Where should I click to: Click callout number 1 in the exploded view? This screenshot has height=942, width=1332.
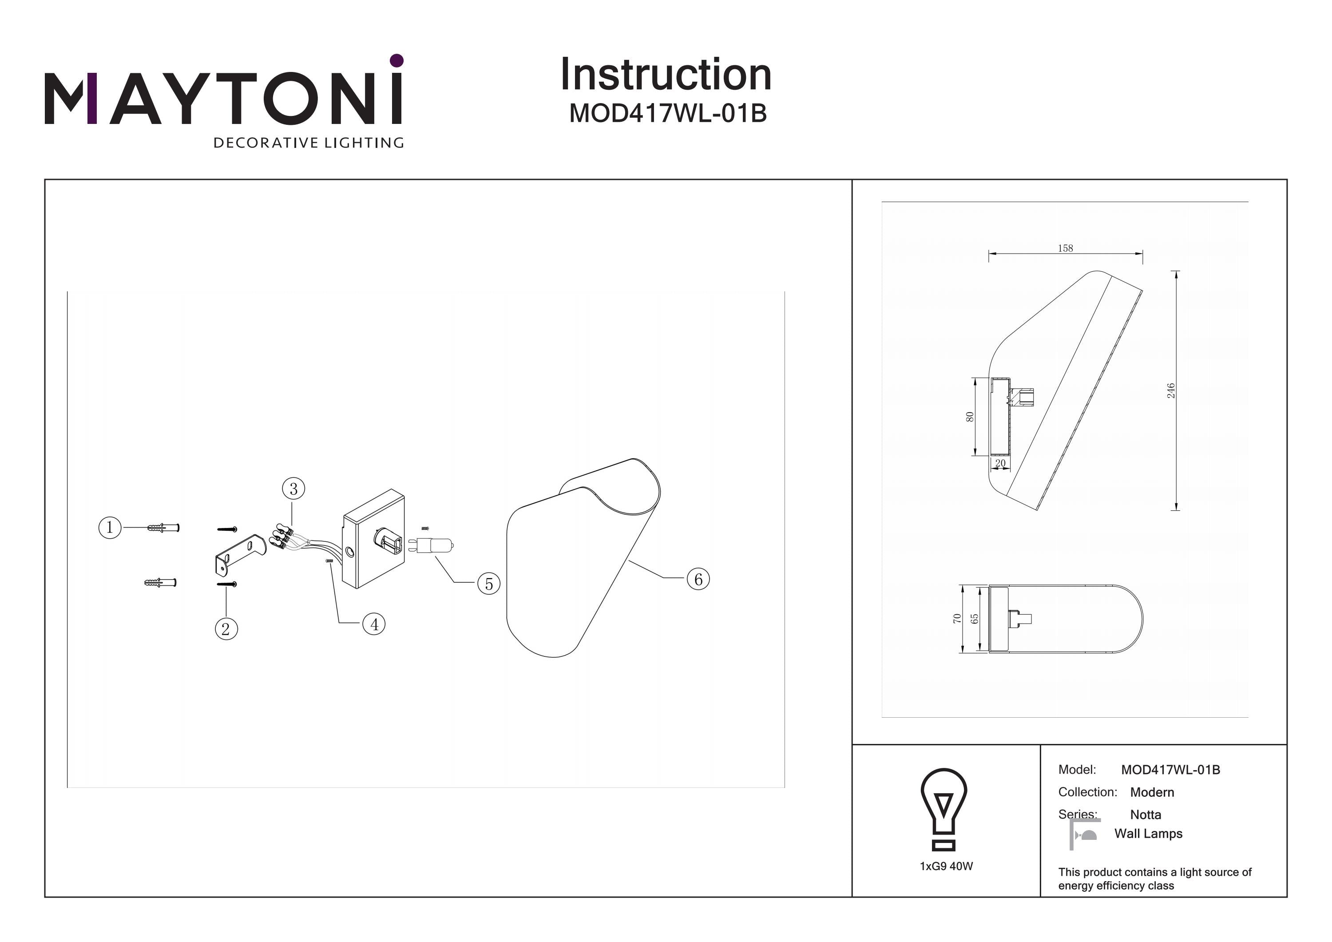[110, 528]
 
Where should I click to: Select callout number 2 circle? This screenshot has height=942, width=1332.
[226, 628]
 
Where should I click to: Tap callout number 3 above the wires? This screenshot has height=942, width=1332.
[293, 489]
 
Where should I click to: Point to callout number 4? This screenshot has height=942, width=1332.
[374, 624]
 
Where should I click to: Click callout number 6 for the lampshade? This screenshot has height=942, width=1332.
[698, 579]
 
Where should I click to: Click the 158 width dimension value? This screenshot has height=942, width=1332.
[1065, 248]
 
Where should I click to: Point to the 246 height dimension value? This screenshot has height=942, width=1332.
[1171, 390]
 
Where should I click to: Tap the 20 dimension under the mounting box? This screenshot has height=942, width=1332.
[1000, 463]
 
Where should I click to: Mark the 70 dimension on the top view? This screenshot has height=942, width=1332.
[957, 619]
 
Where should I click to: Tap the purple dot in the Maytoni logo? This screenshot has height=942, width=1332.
[397, 60]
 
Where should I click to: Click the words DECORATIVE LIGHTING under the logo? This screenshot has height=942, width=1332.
[309, 143]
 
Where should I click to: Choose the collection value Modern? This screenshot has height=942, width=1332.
[1152, 792]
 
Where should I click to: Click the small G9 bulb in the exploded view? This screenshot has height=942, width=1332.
[432, 545]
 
